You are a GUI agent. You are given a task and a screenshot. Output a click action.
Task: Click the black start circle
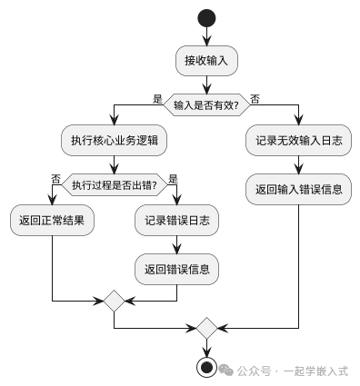pos(206,18)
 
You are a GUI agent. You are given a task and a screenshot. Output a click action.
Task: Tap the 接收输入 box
pos(206,61)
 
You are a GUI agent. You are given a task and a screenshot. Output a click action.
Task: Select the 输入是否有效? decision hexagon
pos(206,105)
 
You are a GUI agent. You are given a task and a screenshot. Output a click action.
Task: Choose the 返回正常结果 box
pos(53,220)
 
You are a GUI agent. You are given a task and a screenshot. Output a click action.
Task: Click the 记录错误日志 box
pos(175,220)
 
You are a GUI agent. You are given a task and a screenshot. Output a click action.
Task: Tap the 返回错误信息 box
pos(175,269)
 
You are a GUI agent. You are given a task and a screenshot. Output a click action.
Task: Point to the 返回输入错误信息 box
pos(299,190)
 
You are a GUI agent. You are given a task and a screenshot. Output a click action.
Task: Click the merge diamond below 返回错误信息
pos(114,300)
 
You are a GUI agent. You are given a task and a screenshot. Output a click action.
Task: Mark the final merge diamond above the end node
pos(206,326)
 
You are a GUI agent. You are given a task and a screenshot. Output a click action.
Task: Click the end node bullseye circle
pos(206,367)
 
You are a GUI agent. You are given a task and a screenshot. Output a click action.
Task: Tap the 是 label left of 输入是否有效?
pos(157,98)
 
